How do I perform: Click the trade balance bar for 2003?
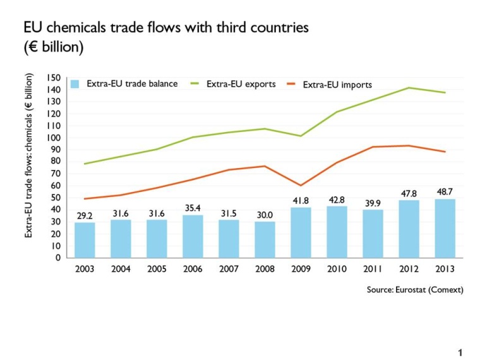coord(85,240)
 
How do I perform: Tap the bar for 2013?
coord(445,228)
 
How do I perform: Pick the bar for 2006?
coord(193,236)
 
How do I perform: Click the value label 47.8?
coord(409,193)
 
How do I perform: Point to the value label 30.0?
coord(265,215)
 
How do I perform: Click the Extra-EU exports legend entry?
coord(241,84)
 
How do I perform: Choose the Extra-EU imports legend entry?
coord(337,85)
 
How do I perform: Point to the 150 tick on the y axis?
coord(54,78)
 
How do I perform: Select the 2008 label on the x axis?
coord(265,269)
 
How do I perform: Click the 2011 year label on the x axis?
coord(373,269)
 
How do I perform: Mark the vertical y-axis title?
coord(29,155)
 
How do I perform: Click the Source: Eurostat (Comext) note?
coord(415,290)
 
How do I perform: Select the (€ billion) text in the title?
coord(54,47)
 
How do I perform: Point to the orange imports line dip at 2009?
coord(301,185)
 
